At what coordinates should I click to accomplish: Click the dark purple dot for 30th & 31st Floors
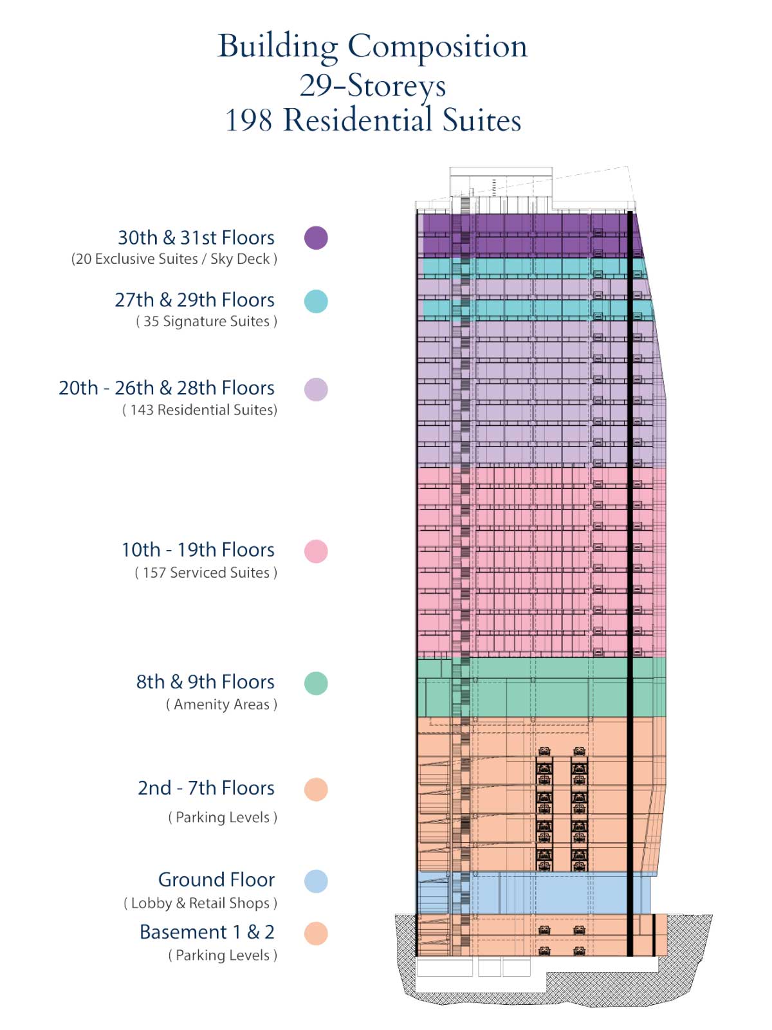click(x=316, y=237)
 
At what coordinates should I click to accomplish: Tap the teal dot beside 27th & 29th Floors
click(x=316, y=301)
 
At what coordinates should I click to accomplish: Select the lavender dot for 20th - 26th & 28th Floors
click(x=316, y=389)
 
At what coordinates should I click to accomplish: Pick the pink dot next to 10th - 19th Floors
click(x=316, y=551)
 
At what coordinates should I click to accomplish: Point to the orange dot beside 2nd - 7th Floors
click(x=316, y=789)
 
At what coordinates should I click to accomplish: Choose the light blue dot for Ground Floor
click(x=316, y=881)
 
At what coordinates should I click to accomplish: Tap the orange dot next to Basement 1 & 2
click(x=316, y=933)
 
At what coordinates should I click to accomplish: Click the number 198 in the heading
click(x=248, y=120)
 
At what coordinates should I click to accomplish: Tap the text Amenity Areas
click(x=221, y=704)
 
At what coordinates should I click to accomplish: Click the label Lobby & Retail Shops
click(x=200, y=903)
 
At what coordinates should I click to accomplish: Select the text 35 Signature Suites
click(x=207, y=322)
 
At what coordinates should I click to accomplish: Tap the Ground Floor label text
click(x=216, y=880)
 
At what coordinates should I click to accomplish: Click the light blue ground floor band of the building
click(x=535, y=892)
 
